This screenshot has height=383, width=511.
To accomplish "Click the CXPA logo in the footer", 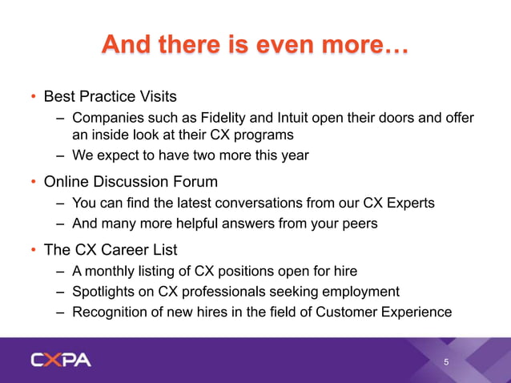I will point(61,360).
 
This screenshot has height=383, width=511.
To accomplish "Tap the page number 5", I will point(447,362).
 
